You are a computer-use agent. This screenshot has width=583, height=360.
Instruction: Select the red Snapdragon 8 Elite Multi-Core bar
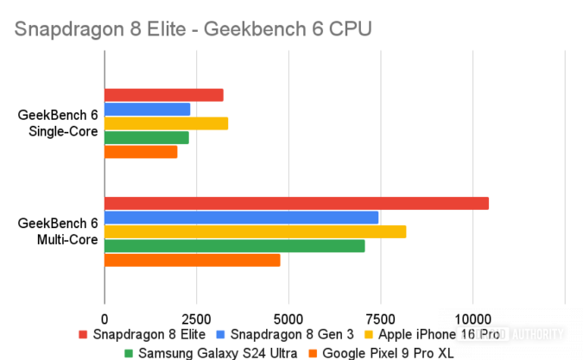(296, 204)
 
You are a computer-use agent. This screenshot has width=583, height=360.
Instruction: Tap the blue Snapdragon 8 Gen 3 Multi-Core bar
(241, 218)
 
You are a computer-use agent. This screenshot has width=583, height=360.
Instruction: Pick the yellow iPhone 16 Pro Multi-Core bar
(255, 232)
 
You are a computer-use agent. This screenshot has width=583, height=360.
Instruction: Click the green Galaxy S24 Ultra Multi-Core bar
(234, 246)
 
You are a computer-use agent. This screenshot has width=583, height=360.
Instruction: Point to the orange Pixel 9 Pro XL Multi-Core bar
(192, 260)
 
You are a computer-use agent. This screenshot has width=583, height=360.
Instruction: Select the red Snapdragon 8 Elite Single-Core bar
(163, 95)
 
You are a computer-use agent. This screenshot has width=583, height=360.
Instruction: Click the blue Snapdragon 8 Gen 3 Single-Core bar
(147, 109)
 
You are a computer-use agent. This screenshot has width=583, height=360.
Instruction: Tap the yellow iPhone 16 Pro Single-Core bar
(166, 123)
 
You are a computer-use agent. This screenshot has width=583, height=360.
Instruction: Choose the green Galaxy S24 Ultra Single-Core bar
(146, 137)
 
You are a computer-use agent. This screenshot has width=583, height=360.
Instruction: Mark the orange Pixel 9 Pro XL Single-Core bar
(141, 152)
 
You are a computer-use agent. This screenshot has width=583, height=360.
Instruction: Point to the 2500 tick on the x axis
(196, 315)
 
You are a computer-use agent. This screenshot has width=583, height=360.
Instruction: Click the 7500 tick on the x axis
(380, 315)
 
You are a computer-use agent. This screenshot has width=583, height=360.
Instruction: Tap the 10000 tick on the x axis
(472, 315)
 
